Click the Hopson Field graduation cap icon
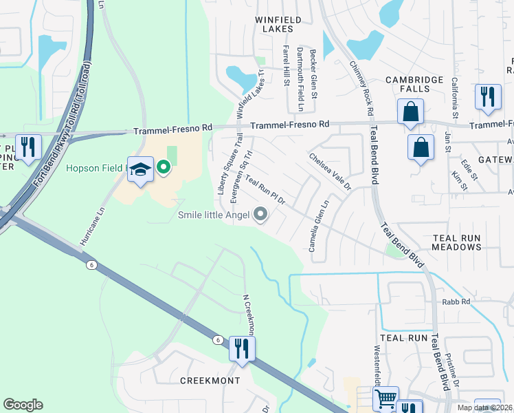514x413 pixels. pos(139,169)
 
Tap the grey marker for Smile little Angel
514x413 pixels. pos(260,215)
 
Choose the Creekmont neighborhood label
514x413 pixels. pos(210,381)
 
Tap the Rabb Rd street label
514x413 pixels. pos(456,301)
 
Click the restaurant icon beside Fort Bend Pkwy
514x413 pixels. pos(28,147)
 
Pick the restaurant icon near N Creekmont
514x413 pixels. pos(241,348)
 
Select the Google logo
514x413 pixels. pos(23,405)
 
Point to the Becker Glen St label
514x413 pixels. pos(313,73)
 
